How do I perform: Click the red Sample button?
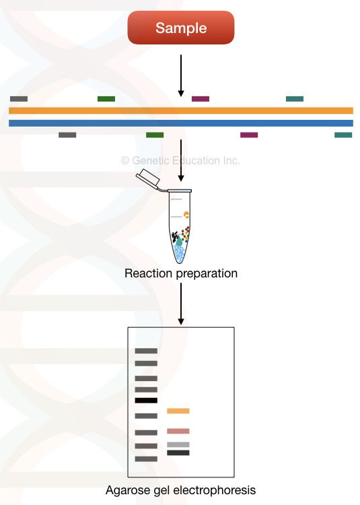(x=180, y=28)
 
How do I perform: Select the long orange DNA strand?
(x=180, y=110)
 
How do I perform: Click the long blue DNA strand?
(x=180, y=123)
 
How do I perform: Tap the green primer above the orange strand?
(x=106, y=99)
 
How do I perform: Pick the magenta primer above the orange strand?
(x=201, y=99)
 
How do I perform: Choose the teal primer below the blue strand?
(x=343, y=135)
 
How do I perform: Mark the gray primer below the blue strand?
(x=67, y=135)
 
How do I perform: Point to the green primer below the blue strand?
(x=155, y=135)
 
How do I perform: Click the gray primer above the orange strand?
(x=19, y=99)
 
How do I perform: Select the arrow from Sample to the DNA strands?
(x=180, y=74)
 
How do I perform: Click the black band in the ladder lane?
(x=146, y=400)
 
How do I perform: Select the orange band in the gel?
(x=178, y=411)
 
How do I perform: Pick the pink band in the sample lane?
(x=178, y=431)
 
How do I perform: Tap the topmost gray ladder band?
(x=146, y=351)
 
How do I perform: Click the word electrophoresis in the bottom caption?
(x=217, y=490)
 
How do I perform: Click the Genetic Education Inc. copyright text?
(x=180, y=161)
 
